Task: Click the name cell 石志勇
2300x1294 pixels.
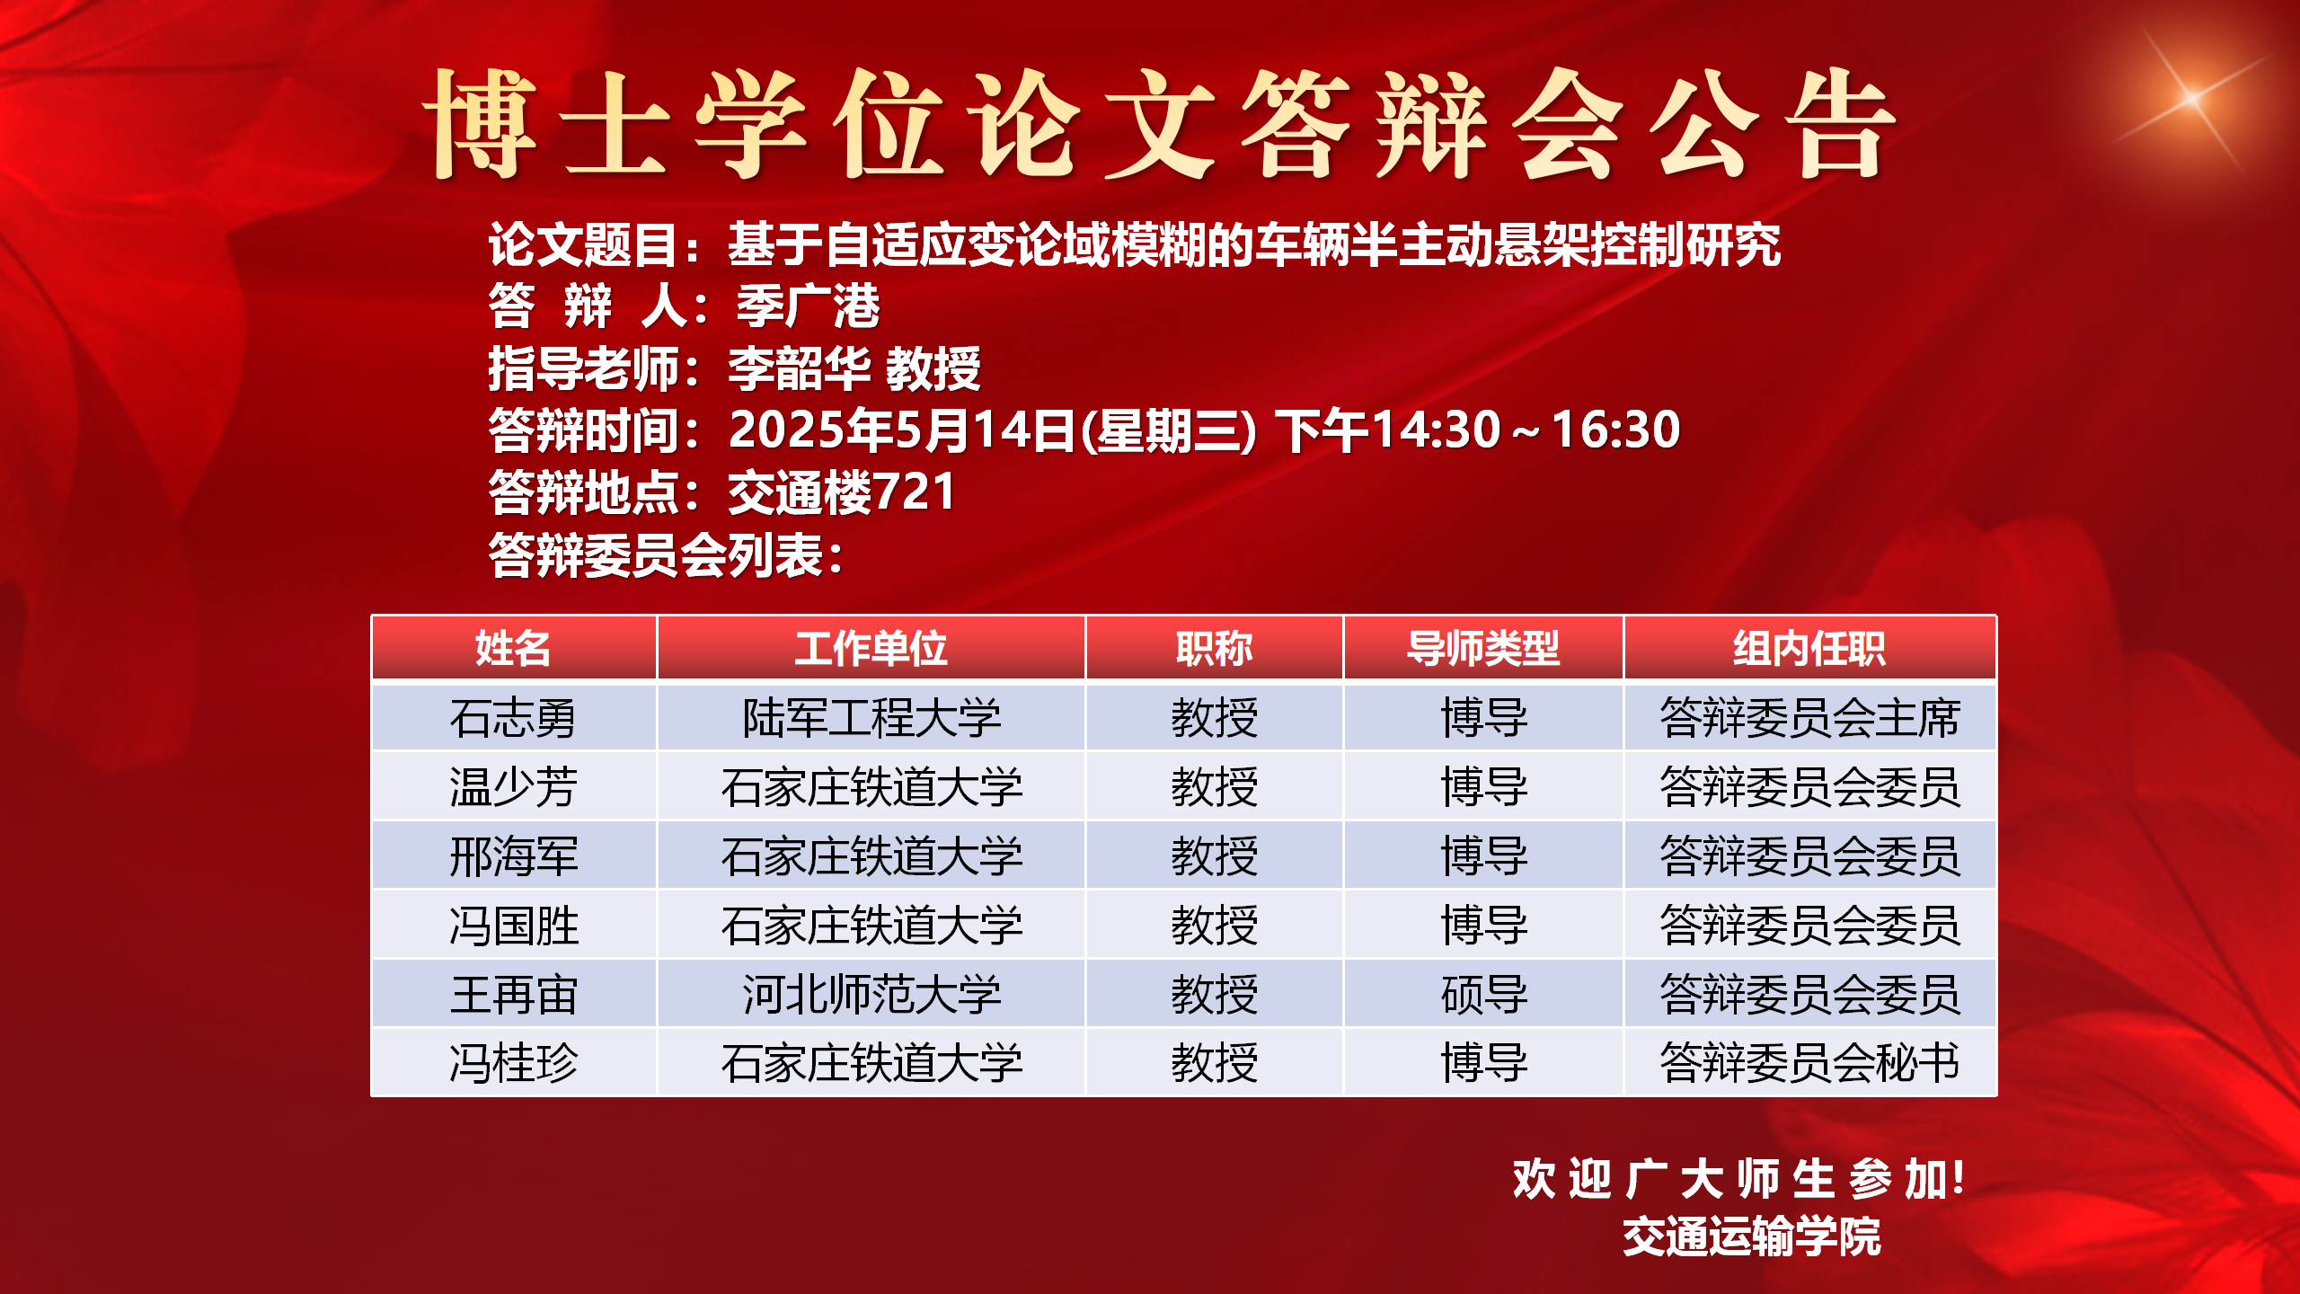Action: tap(513, 718)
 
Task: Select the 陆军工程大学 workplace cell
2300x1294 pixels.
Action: tap(871, 718)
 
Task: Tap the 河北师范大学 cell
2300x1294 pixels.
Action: tap(871, 995)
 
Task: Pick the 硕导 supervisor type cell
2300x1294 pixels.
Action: tap(1484, 995)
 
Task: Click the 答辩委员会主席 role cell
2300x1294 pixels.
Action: tap(1809, 718)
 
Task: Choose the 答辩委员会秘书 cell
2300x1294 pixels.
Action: tap(1809, 1063)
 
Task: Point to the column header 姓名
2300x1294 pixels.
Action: tap(513, 648)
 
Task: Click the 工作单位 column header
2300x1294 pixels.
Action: tap(871, 648)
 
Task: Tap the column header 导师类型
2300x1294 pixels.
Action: tap(1484, 648)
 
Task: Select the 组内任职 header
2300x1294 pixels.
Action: tap(1809, 648)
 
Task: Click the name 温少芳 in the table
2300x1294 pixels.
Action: tap(513, 787)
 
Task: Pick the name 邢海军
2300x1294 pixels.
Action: tap(513, 856)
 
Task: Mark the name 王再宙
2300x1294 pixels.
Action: tap(513, 995)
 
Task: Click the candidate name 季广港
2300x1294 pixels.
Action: tap(809, 306)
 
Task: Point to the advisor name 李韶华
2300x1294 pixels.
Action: tap(799, 368)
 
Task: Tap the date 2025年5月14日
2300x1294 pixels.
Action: tap(902, 430)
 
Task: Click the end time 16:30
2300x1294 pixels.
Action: tap(1615, 430)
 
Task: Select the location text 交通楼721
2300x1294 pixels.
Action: tap(841, 492)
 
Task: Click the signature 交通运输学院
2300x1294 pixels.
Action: tap(1752, 1236)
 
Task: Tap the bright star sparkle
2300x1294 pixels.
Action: tap(2192, 97)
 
